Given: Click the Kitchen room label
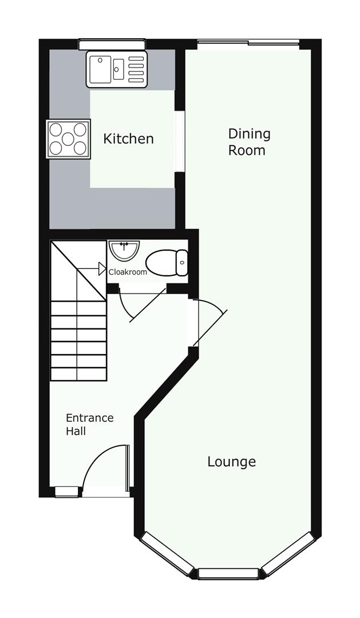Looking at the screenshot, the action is pos(128,138).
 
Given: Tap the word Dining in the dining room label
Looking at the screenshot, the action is pos(249,134).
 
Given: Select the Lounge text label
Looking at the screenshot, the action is pos(232,462).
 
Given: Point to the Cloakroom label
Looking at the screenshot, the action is pos(128,272).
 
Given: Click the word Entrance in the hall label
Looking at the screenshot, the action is pos(89,418).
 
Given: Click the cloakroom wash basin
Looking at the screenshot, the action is pos(125,249).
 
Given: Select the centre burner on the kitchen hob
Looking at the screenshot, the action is pos(68,138).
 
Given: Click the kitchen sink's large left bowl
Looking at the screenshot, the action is pos(100,69).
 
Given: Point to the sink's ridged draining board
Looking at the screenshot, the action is pos(136,69).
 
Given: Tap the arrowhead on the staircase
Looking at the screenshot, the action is pos(102,269).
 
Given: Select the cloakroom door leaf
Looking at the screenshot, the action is pos(148,306).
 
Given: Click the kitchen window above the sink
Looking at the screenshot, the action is pos(112,45).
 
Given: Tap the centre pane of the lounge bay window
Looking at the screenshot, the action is pos(228,573).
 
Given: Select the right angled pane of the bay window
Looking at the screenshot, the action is pos(289,553).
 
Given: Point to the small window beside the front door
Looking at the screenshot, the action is pos(66,492).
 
